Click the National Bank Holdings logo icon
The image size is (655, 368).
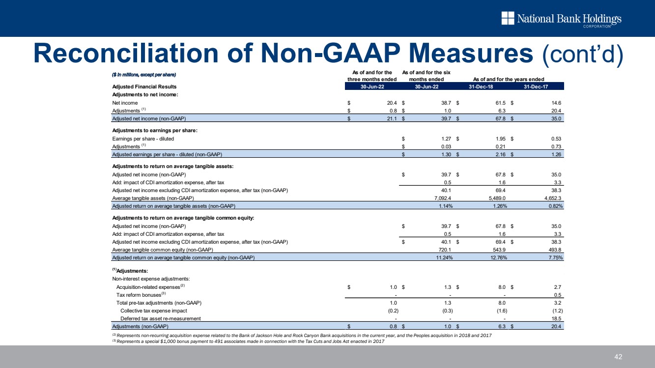tap(508, 18)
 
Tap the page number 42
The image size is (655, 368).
tap(618, 357)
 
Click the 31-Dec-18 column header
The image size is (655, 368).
tap(481, 86)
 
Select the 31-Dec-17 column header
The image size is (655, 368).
tap(536, 86)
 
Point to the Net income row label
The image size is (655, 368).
tap(125, 103)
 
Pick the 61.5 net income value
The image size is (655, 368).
tap(500, 103)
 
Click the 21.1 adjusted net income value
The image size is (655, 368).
tap(391, 119)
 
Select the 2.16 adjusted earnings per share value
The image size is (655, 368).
tap(500, 155)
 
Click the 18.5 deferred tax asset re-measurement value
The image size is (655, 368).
tap(556, 318)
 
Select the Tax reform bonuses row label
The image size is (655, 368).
tap(141, 295)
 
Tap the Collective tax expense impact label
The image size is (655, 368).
tap(153, 311)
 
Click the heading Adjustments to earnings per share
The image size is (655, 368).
tap(155, 131)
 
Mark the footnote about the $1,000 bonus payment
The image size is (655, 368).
tap(248, 341)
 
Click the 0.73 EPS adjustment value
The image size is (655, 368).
tap(556, 147)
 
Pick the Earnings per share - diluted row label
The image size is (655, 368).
tap(143, 139)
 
